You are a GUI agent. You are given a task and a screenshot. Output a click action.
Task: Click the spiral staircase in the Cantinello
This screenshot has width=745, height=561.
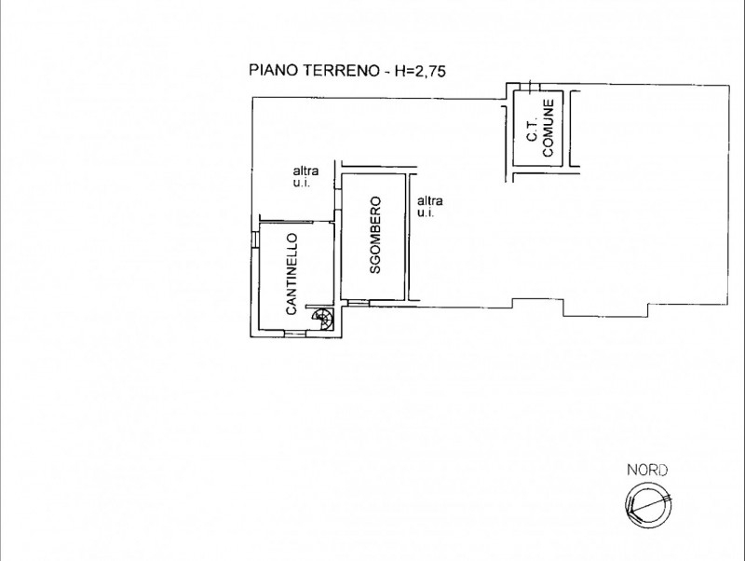320,319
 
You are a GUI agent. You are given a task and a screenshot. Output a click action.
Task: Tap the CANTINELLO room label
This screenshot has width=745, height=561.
291,274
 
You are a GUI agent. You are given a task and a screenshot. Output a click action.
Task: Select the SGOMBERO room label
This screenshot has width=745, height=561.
375,236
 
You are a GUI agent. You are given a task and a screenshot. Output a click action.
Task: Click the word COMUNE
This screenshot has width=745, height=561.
549,128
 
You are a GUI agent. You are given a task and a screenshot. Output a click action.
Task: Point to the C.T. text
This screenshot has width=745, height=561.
532,130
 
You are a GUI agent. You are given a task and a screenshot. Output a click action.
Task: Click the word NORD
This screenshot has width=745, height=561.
647,471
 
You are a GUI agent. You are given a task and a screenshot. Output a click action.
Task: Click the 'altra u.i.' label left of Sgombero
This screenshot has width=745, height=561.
305,176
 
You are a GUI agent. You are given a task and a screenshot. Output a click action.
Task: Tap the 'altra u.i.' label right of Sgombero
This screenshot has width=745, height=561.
430,206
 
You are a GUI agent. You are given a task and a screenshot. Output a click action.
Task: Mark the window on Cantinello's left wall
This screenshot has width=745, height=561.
255,239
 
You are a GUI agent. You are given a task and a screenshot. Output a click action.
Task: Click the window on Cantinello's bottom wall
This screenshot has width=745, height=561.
294,334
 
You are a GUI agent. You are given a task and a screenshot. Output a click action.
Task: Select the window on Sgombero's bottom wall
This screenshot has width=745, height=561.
359,302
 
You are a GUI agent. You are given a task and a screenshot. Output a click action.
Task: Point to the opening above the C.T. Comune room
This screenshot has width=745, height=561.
531,87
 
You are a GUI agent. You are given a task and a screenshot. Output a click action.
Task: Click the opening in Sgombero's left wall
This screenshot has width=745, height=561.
338,199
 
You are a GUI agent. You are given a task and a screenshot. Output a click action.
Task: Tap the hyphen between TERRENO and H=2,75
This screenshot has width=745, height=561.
386,72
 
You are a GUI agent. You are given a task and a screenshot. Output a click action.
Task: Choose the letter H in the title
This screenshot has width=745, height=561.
400,71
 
